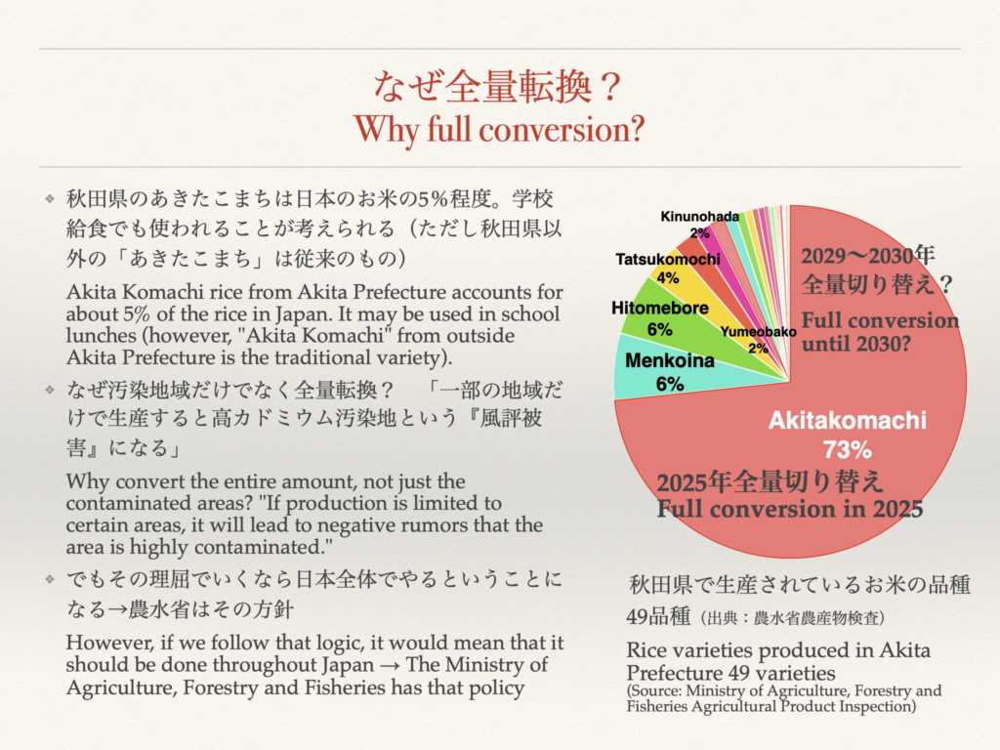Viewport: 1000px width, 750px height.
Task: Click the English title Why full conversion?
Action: pos(499,128)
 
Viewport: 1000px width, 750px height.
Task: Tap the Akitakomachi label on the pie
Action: pos(845,422)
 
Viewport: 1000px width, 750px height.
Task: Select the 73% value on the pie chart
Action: pos(846,450)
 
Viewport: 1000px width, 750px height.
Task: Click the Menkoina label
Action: pos(669,361)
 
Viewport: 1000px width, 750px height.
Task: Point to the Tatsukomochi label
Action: pos(668,259)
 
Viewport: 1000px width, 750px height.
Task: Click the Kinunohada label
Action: pos(699,216)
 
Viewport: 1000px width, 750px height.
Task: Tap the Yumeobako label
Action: pos(757,332)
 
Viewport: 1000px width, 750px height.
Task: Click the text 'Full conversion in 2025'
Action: pos(789,509)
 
